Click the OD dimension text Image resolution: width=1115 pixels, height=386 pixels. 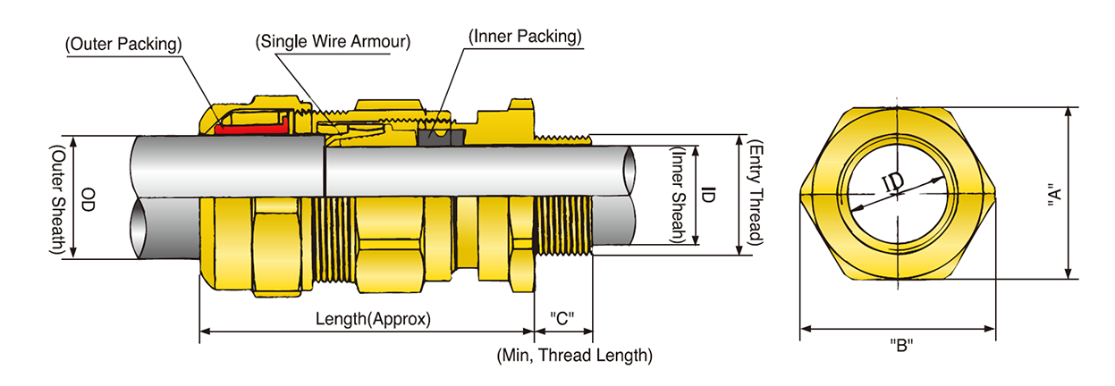[x=89, y=197]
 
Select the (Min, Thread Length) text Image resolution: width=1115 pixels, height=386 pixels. [x=574, y=356]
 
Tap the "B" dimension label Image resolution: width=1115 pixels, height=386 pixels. [x=901, y=346]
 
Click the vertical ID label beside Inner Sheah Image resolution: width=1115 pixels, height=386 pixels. [x=707, y=194]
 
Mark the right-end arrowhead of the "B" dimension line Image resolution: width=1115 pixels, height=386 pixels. [x=992, y=329]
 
